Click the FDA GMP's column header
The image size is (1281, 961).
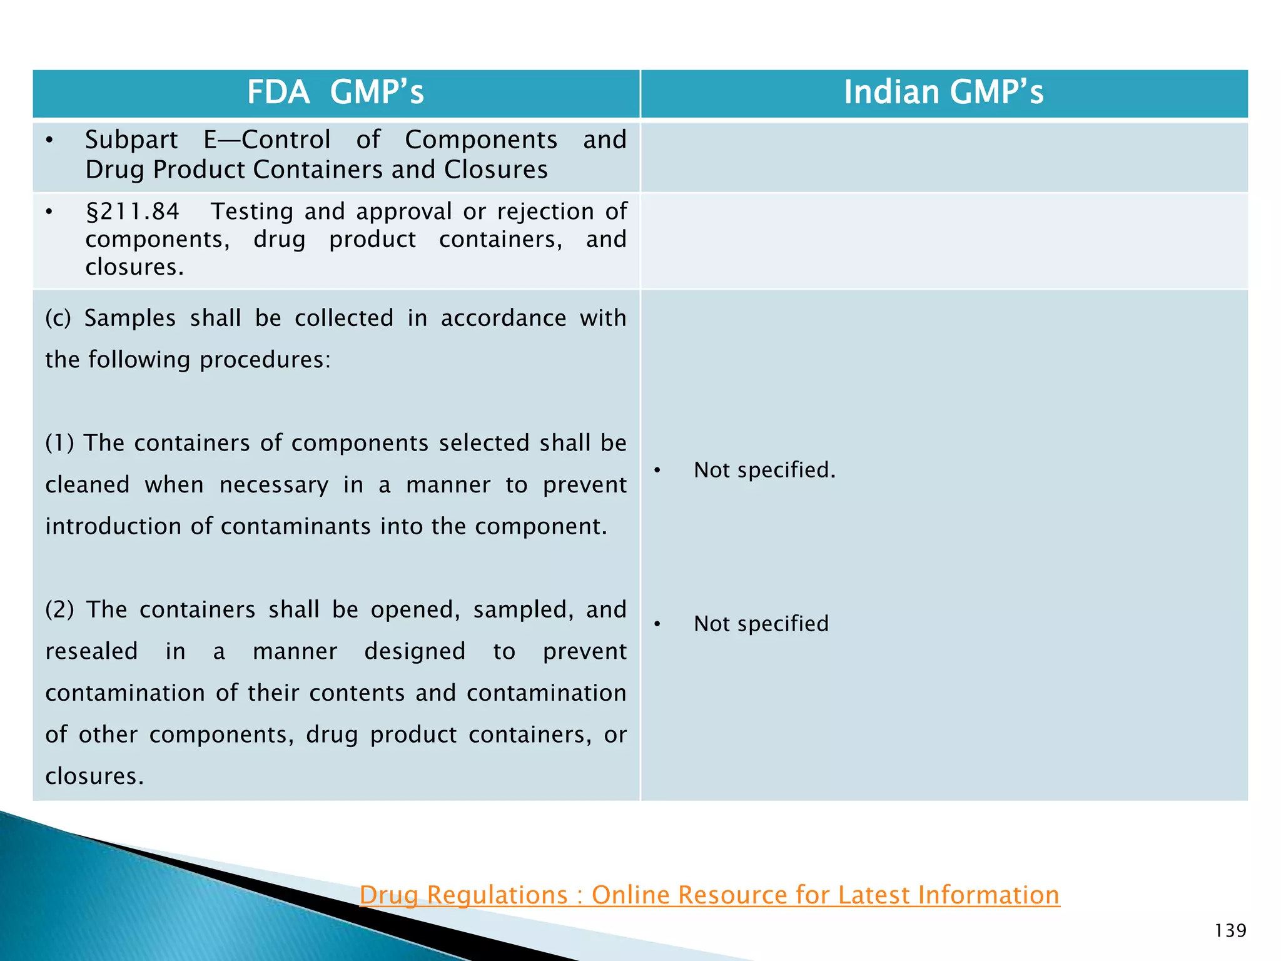pos(335,93)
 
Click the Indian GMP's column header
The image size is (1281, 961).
pos(943,93)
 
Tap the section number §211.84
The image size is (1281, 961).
pos(133,211)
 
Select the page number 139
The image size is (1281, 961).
pos(1230,931)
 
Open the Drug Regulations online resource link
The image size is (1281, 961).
pos(709,895)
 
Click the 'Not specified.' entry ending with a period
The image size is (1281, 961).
pos(764,470)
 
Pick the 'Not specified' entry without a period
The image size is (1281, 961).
pos(761,624)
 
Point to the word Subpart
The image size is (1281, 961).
pos(131,140)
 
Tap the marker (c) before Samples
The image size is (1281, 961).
pos(58,318)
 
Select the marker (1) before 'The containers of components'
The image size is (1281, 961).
pos(59,443)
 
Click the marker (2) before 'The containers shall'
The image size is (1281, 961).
pos(59,609)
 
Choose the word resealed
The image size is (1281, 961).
pos(91,651)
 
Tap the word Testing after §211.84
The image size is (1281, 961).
pos(251,211)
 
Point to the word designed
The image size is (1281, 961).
pos(415,651)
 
